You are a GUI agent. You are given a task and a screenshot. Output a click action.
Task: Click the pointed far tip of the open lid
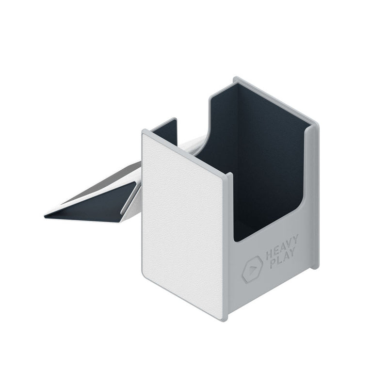point(46,215)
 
